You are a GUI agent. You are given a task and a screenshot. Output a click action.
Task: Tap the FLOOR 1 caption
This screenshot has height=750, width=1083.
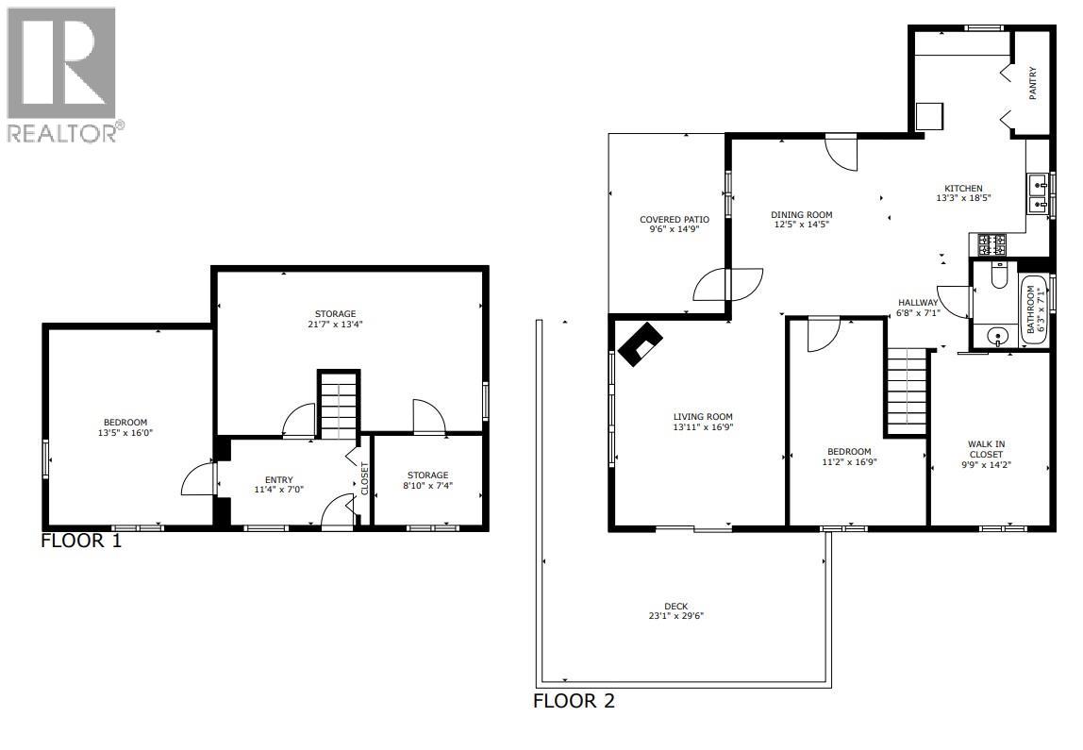point(81,542)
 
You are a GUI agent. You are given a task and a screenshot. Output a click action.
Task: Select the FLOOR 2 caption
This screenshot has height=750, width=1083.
point(574,701)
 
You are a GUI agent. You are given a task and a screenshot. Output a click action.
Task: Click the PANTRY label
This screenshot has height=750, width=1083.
point(1033,83)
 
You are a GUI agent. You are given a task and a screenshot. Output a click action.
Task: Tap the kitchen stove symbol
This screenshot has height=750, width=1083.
point(991,245)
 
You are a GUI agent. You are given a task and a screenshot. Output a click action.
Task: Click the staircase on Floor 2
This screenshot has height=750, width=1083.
point(908,387)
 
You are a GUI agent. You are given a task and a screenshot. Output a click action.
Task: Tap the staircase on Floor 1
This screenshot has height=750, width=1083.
point(338,406)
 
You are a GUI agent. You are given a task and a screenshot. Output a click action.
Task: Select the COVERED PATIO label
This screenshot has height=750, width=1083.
point(674,219)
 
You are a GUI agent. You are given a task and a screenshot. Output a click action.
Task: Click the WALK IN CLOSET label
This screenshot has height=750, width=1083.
point(990,449)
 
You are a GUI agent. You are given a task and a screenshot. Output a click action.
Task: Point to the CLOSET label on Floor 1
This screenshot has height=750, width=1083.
point(365,478)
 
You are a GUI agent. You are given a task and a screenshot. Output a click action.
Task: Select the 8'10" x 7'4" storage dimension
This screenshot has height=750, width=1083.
point(427,486)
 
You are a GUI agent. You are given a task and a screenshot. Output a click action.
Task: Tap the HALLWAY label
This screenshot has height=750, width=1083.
point(917,303)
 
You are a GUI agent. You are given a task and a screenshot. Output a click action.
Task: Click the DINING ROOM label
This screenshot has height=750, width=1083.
point(802,214)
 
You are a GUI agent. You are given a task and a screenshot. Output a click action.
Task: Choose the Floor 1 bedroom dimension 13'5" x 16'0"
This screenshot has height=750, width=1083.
point(125,434)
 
